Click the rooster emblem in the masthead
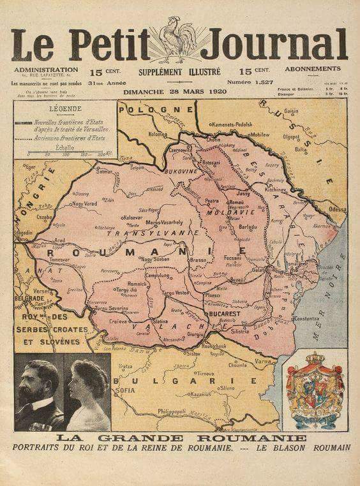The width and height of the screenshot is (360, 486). pos(174,40)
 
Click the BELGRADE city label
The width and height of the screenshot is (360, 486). pos(29,298)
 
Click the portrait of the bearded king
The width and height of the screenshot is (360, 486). pos(38,394)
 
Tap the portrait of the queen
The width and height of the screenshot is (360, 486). pos(87,394)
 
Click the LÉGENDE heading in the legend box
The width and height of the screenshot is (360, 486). pos(64,109)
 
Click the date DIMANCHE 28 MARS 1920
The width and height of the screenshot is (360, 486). pos(175,92)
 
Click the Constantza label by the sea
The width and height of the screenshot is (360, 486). pos(306,318)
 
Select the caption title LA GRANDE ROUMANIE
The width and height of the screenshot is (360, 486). pos(181,438)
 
